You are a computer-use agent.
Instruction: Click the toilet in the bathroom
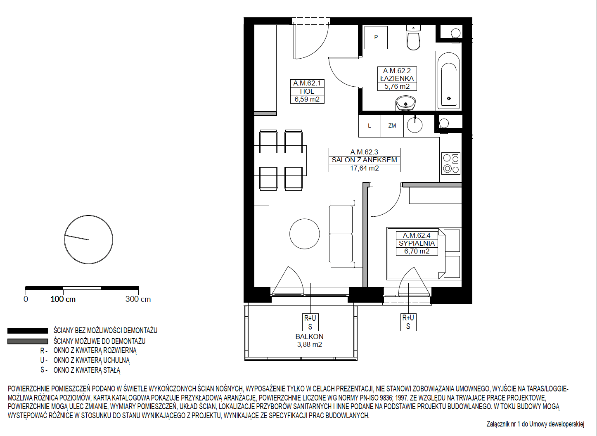pyautogui.click(x=413, y=38)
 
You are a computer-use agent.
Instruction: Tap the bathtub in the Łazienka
pyautogui.click(x=449, y=81)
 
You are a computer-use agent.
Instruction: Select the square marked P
pyautogui.click(x=376, y=37)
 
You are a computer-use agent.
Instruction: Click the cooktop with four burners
pyautogui.click(x=451, y=163)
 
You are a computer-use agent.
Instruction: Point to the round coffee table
pyautogui.click(x=305, y=234)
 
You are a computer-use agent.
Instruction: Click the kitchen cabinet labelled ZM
pyautogui.click(x=392, y=126)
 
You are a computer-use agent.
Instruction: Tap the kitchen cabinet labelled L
pyautogui.click(x=370, y=126)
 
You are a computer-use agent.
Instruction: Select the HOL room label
pyautogui.click(x=307, y=91)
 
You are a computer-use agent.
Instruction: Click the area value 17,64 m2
pyautogui.click(x=364, y=168)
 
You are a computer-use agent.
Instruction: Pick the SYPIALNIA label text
pyautogui.click(x=417, y=243)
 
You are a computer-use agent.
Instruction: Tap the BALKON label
pyautogui.click(x=309, y=336)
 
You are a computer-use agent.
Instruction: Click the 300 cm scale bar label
pyautogui.click(x=138, y=299)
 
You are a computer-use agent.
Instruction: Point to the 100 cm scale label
pyautogui.click(x=63, y=299)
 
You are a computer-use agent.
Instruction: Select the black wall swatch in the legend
pyautogui.click(x=28, y=331)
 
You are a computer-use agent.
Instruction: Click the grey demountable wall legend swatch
pyautogui.click(x=28, y=341)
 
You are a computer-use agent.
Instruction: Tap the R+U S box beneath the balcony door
pyautogui.click(x=310, y=322)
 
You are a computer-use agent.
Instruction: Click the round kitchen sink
pyautogui.click(x=415, y=125)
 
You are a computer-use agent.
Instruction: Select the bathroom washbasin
pyautogui.click(x=406, y=103)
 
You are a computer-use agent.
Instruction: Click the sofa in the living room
pyautogui.click(x=346, y=234)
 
